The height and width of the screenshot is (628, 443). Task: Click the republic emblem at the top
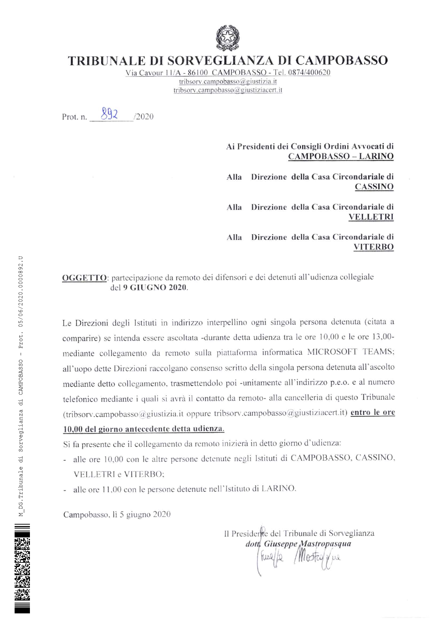tap(228, 38)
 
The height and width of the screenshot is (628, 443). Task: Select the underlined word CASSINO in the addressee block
tap(374, 187)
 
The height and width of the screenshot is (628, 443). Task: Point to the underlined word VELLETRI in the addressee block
tap(371, 217)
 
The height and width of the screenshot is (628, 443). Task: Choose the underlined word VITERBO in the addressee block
tap(373, 247)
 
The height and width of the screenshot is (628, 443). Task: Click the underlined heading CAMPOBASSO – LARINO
tap(340, 156)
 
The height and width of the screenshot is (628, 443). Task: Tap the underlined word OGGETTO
tap(84, 278)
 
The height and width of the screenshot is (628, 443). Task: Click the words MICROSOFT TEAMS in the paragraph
tap(350, 352)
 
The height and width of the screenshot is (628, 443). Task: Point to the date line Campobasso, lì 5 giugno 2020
tap(117, 514)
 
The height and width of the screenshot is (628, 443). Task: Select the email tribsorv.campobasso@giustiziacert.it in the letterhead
tap(228, 90)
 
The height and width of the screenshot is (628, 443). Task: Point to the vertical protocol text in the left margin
tap(21, 386)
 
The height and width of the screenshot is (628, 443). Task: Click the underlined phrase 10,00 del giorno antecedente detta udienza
tap(144, 428)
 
